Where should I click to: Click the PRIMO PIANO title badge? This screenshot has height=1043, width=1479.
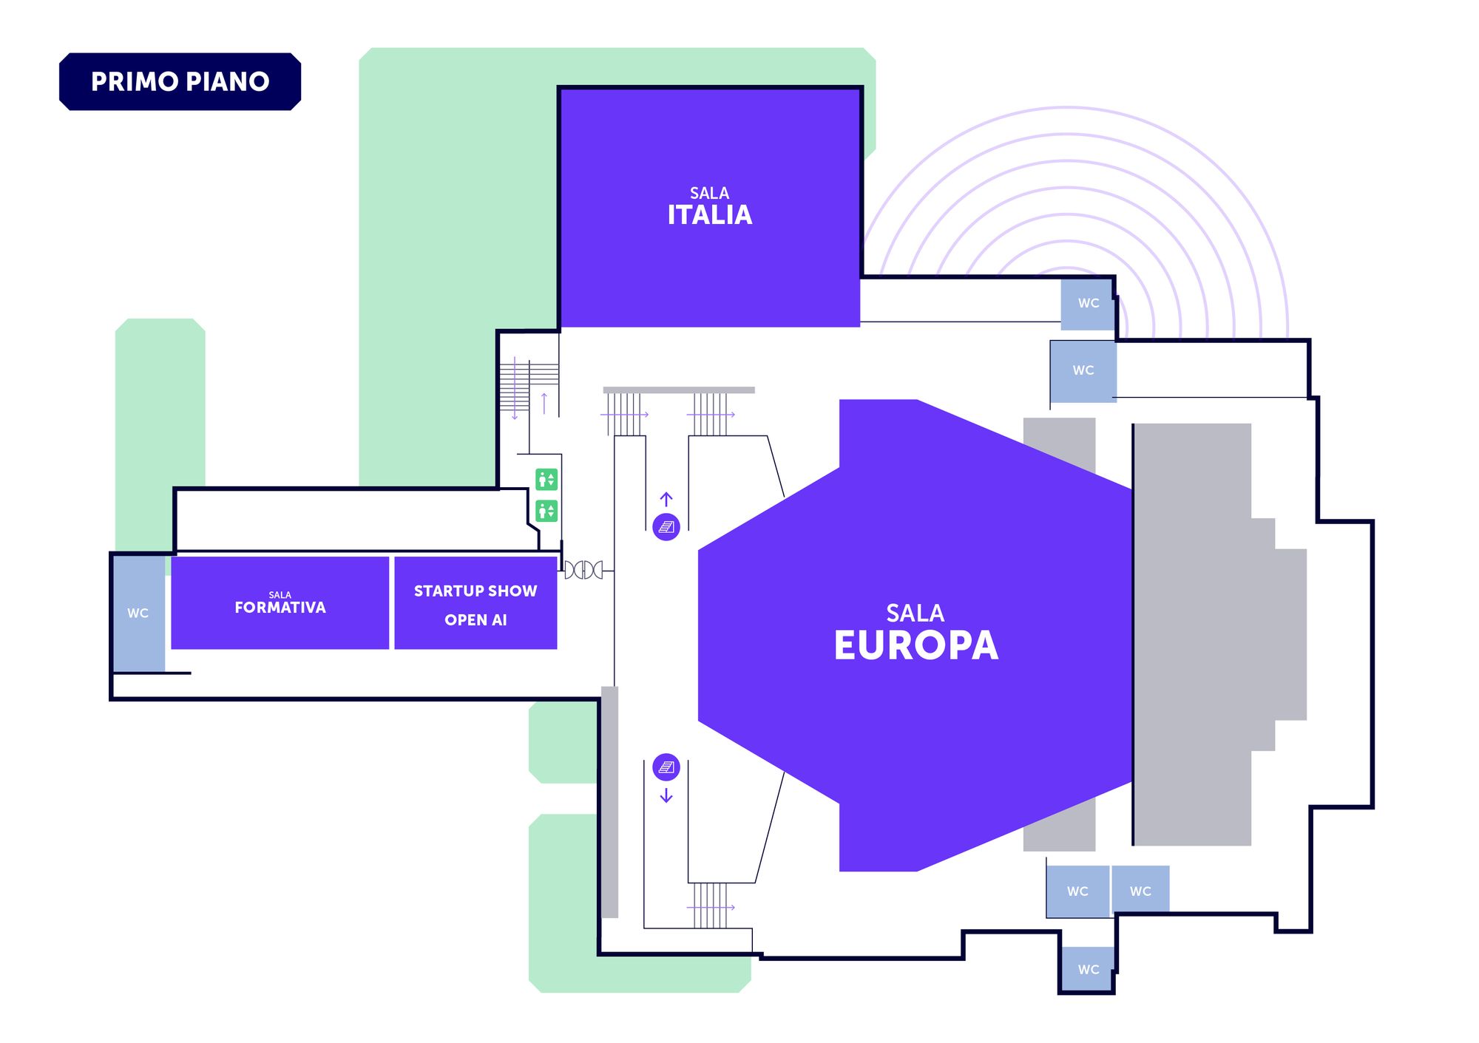point(180,81)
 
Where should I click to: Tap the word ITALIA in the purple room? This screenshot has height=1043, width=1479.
point(709,215)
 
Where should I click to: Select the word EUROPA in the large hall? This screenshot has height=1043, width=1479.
point(916,645)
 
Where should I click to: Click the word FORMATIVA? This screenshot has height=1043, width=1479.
point(280,608)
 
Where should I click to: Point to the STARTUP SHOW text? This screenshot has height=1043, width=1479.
point(475,591)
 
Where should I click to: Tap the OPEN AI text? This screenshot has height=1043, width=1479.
point(475,620)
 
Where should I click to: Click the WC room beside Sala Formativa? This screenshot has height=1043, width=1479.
point(138,614)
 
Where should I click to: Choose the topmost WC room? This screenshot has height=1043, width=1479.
point(1088,303)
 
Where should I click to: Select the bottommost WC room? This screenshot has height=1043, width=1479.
point(1088,969)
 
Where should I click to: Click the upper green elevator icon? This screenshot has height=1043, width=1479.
point(546,480)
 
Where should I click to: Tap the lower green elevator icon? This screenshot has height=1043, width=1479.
point(546,511)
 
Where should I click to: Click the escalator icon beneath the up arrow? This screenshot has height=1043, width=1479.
point(666,527)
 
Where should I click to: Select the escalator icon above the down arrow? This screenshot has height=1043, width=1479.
point(666,767)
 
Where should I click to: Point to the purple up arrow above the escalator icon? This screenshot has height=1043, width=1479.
point(666,499)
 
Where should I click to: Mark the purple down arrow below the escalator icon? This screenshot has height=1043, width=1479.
point(666,795)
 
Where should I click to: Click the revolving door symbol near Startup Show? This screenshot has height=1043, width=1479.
point(584,570)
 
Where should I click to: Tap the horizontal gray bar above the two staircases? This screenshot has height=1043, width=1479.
point(679,390)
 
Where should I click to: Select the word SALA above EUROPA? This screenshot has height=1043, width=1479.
point(916,613)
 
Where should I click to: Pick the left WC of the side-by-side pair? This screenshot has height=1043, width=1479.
point(1077,891)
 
